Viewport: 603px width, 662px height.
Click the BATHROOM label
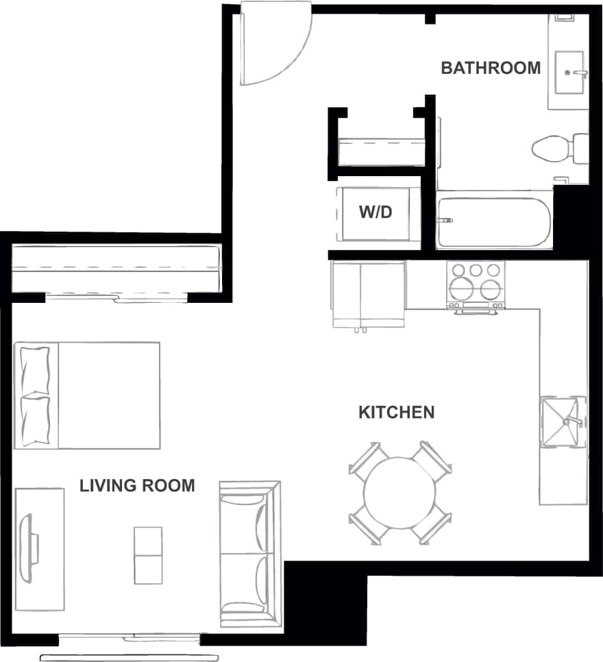[491, 68]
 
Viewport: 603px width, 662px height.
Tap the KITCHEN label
[396, 412]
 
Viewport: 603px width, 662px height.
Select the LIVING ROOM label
[137, 486]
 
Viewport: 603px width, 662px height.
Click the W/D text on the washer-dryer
[376, 212]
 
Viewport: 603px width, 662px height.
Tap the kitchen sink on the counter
[562, 421]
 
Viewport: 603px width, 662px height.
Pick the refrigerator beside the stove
[369, 293]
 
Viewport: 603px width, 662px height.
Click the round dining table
[400, 491]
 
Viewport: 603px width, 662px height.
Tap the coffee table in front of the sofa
[148, 555]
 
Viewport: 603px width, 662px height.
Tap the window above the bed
[116, 297]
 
